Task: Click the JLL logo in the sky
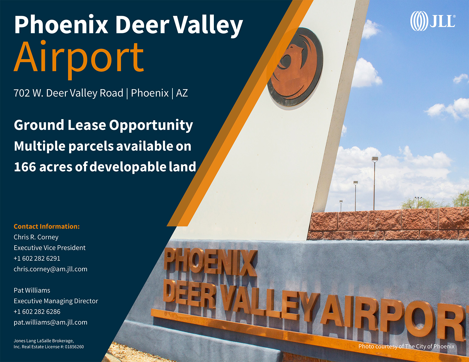(433, 21)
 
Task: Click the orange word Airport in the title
(79, 60)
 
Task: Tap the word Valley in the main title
(208, 26)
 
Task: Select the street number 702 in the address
(21, 93)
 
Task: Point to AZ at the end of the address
(182, 93)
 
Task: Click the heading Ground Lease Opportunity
(103, 125)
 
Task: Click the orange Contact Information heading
(47, 226)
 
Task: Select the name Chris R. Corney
(36, 237)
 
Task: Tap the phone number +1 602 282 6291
(37, 258)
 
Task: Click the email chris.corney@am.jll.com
(50, 269)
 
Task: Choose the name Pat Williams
(32, 290)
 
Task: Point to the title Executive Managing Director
(56, 301)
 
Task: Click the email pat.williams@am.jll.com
(50, 322)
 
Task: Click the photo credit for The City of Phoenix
(406, 347)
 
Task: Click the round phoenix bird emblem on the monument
(295, 67)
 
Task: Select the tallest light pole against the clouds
(374, 183)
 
